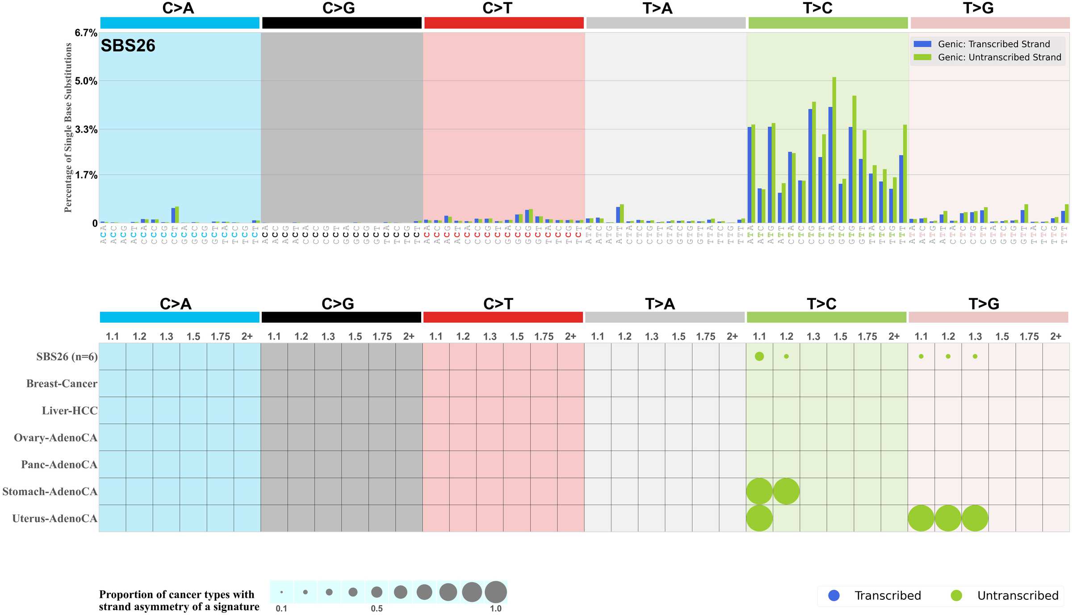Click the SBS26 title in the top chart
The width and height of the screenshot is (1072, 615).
coord(128,46)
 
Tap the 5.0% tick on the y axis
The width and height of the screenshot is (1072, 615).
coord(86,81)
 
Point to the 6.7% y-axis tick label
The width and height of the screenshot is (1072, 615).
coord(86,33)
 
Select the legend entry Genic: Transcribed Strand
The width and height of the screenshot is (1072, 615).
coord(993,44)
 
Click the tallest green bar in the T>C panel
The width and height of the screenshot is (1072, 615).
coord(834,150)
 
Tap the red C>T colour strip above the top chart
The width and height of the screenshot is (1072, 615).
coord(504,23)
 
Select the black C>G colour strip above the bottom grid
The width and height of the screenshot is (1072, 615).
coord(341,317)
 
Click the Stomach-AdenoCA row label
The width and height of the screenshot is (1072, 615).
coord(50,492)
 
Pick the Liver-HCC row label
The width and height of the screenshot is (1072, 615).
coord(69,411)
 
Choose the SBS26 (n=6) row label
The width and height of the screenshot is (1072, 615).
coord(67,357)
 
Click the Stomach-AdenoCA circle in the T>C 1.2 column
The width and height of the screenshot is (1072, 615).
coord(786,491)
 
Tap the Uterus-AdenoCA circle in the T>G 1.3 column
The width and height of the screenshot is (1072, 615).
coord(975,518)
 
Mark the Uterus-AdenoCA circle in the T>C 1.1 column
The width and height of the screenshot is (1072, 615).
coord(759,518)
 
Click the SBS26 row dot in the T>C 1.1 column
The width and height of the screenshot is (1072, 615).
coord(759,356)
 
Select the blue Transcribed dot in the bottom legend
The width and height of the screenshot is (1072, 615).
coord(833,595)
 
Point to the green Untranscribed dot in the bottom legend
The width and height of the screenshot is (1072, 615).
coord(956,595)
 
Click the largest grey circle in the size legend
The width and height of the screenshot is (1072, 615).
coord(496,592)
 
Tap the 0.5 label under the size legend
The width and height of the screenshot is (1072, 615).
coord(377,608)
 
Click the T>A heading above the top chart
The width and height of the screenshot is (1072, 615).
coord(657,8)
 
